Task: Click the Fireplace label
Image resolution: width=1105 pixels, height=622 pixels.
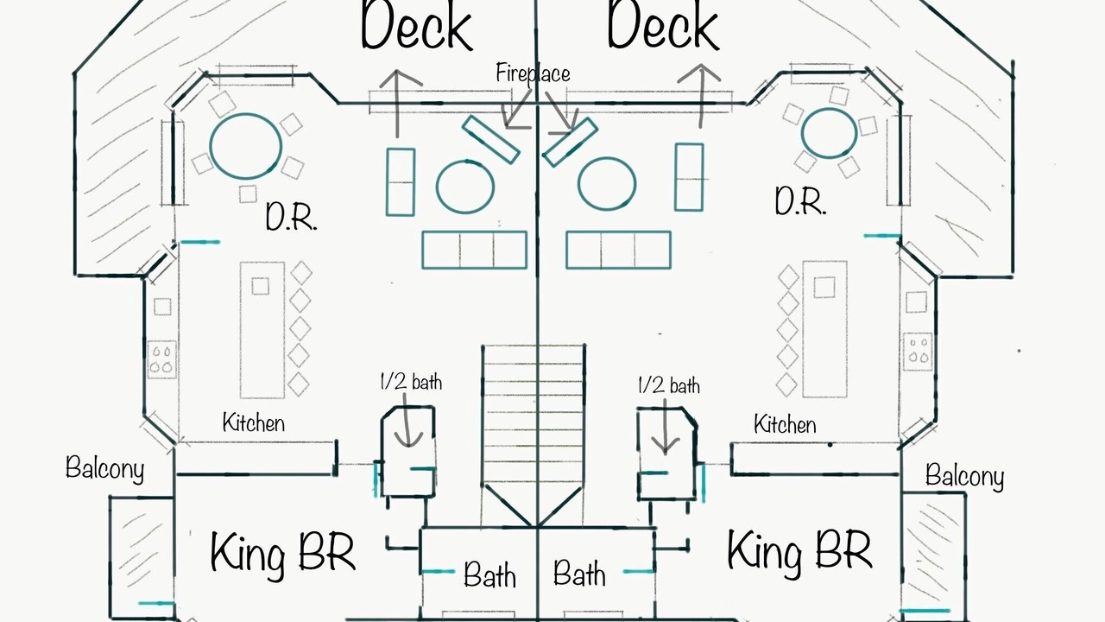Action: tap(533, 73)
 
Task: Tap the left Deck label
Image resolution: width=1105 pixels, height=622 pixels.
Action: tap(417, 25)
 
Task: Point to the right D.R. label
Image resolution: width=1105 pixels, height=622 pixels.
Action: tap(800, 200)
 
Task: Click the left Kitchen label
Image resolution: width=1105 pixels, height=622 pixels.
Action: tap(254, 422)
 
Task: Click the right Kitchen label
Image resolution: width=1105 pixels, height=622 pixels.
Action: tap(785, 424)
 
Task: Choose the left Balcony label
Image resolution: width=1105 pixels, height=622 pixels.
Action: tap(105, 468)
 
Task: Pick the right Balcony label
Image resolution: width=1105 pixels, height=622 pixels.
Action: tap(964, 476)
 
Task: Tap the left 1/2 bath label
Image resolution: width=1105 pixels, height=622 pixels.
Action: tap(411, 382)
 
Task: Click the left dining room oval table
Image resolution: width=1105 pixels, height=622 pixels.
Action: tap(246, 146)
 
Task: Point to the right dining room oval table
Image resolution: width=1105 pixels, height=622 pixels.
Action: tap(829, 133)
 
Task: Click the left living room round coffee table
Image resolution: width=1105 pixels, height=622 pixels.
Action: tap(464, 187)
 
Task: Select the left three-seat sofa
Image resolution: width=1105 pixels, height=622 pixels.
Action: tap(475, 250)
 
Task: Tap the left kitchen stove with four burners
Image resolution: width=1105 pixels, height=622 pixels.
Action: tap(161, 359)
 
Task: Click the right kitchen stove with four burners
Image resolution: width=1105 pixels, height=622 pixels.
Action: tap(918, 352)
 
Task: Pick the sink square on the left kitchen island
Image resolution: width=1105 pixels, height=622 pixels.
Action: tap(261, 286)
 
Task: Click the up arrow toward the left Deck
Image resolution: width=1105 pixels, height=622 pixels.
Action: tap(397, 103)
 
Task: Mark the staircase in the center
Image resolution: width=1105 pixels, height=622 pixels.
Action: tap(534, 435)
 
